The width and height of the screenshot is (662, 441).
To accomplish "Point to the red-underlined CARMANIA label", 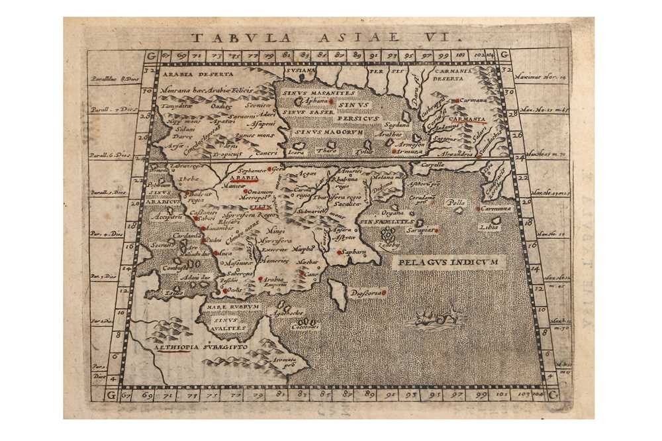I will click(467, 119).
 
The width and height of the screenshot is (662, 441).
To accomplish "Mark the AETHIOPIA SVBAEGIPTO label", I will click(191, 346).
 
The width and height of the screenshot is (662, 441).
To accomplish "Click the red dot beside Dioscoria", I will click(384, 291).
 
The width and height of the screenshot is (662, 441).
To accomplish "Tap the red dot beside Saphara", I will click(340, 252).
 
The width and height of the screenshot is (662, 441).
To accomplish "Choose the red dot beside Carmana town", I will click(457, 101).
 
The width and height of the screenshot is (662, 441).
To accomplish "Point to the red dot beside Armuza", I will click(395, 151).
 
